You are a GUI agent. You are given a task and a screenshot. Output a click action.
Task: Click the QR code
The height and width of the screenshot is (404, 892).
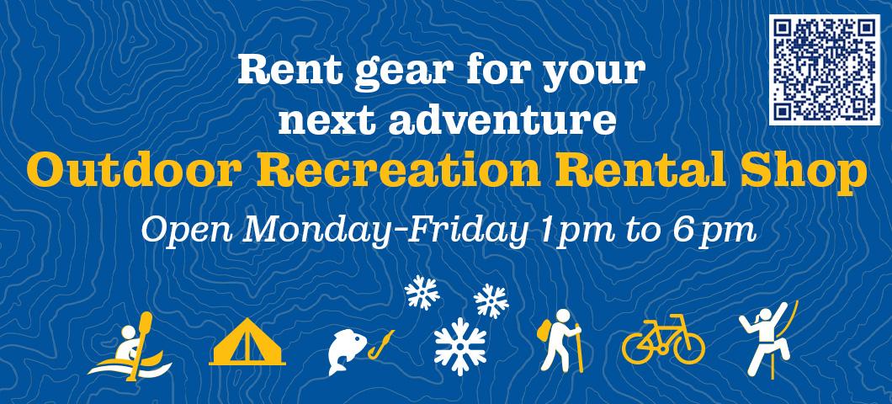(825, 69)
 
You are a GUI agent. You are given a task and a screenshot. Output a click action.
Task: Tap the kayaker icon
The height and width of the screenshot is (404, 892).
(130, 347)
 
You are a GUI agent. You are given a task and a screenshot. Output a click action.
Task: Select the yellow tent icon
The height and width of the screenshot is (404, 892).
(247, 342)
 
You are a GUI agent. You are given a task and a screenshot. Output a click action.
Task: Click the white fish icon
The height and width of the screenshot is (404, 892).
(348, 353)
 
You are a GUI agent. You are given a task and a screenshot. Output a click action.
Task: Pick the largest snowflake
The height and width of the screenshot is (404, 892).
(460, 347)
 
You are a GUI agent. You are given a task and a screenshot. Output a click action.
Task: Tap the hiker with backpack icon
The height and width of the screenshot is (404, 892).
(560, 340)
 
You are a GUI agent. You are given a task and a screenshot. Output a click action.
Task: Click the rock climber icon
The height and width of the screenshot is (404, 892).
(768, 340)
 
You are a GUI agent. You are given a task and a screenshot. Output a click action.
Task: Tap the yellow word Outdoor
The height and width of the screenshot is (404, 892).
(131, 170)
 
